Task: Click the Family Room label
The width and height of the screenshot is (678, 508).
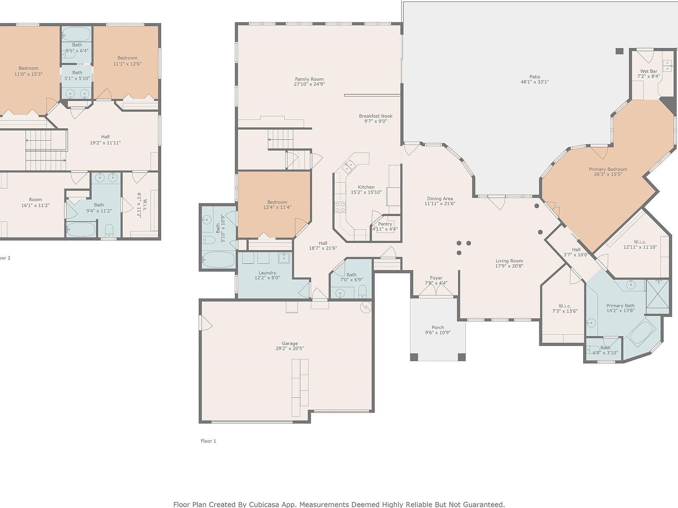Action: coord(309,79)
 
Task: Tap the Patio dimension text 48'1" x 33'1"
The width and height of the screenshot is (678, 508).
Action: coord(535,82)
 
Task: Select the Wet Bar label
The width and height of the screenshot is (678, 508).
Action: coord(648,71)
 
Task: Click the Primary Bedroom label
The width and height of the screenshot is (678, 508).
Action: coord(608,169)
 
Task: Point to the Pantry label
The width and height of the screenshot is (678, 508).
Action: coord(385,224)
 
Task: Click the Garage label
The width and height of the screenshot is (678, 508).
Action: coord(290,344)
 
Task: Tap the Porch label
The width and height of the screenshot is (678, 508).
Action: coord(437,327)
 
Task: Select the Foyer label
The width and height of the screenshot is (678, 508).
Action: coord(436,278)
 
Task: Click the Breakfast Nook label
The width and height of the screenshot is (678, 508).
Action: coord(375,116)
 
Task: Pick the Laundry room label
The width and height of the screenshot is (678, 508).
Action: coord(267,273)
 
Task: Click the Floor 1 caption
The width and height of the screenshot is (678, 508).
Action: coord(208,441)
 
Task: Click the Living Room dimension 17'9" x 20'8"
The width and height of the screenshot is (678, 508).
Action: coord(509,266)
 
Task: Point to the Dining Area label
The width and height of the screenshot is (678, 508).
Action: coord(439,198)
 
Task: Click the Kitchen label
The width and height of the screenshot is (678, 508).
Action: coord(366,187)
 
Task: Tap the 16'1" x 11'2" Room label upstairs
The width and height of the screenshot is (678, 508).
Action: coord(35,205)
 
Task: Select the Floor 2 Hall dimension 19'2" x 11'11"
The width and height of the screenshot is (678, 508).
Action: coord(105,143)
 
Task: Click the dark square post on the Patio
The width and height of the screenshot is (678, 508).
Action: coord(619,51)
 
